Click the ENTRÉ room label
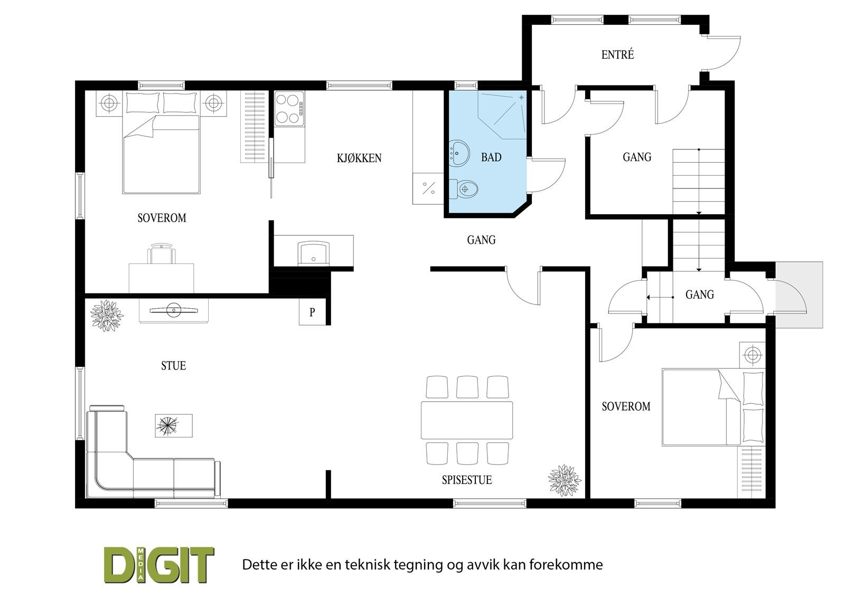(x=617, y=54)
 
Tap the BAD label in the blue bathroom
(x=491, y=157)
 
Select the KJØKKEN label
(x=359, y=158)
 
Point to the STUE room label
(x=174, y=366)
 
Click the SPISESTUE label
(x=467, y=480)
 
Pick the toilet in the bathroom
(x=464, y=188)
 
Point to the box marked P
(x=312, y=312)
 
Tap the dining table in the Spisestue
(x=467, y=420)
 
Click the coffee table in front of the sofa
(x=173, y=425)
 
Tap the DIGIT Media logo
(x=158, y=565)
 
